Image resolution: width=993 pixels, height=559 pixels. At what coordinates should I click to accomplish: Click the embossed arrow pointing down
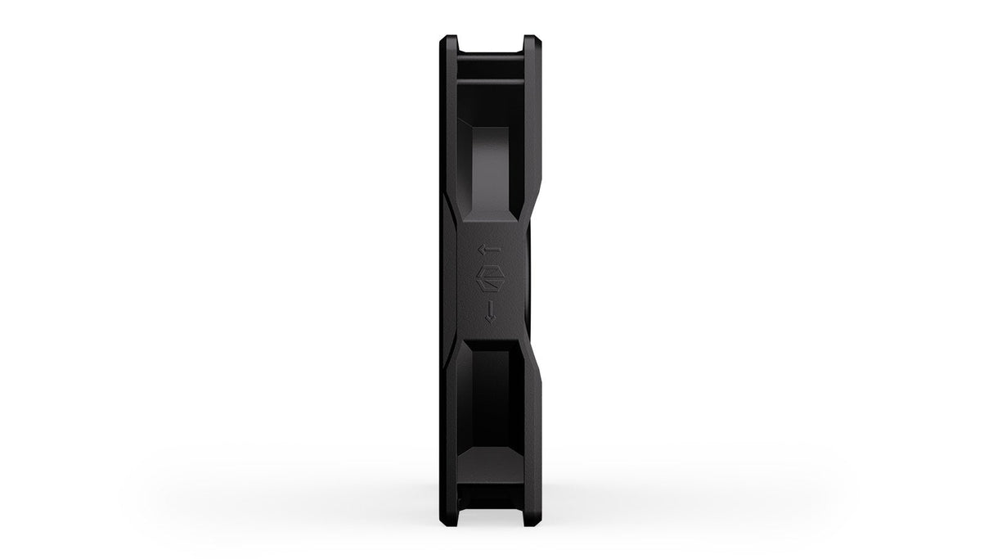(490, 311)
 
